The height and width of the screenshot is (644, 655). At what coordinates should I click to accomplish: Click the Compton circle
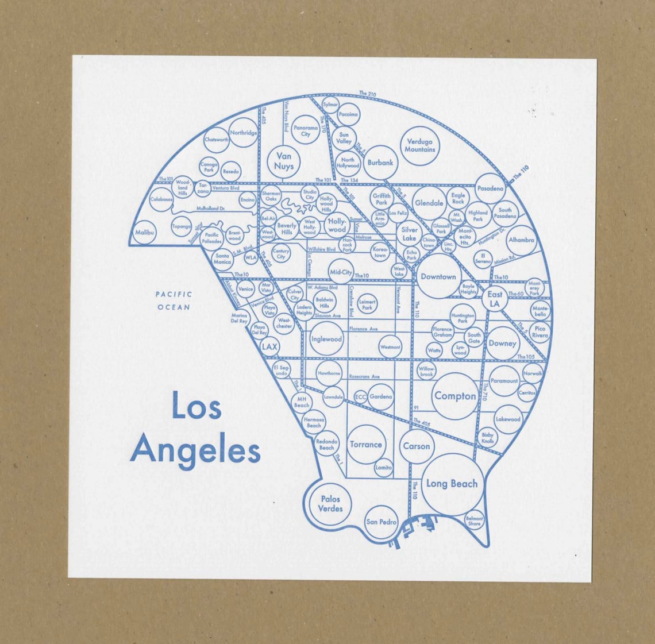(x=454, y=396)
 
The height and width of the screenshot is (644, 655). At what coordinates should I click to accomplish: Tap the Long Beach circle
(x=452, y=484)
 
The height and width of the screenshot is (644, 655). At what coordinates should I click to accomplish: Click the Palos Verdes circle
(x=330, y=504)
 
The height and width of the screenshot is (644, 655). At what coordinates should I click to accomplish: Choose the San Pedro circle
(x=382, y=522)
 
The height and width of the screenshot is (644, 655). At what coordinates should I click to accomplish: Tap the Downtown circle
(x=438, y=277)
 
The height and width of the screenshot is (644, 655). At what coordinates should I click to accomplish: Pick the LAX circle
(x=269, y=347)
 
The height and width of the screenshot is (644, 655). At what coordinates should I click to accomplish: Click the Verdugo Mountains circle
(x=420, y=146)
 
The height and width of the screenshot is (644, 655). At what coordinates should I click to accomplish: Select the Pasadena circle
(x=490, y=188)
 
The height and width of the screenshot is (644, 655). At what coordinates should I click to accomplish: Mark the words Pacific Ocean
(x=174, y=300)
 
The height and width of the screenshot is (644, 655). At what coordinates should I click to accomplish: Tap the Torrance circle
(x=365, y=445)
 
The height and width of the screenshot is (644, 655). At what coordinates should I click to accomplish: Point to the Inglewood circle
(x=326, y=340)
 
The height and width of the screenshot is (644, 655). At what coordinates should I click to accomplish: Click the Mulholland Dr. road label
(x=210, y=209)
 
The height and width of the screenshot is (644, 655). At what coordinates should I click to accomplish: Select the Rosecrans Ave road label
(x=364, y=377)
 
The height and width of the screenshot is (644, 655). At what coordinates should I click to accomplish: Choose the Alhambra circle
(x=521, y=240)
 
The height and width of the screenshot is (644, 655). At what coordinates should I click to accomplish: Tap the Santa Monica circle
(x=222, y=259)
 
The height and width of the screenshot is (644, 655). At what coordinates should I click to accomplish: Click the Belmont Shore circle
(x=475, y=520)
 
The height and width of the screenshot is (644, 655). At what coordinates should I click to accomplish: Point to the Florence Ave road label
(x=363, y=329)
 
